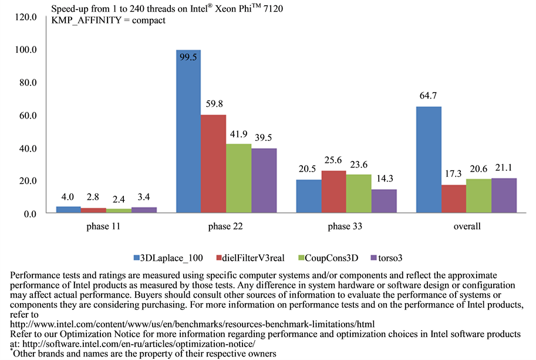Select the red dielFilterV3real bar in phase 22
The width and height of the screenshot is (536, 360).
click(x=214, y=164)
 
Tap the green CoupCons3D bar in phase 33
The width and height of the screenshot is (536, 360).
click(x=359, y=193)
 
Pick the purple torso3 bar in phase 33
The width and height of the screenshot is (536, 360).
click(x=384, y=201)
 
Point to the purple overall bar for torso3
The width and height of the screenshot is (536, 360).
click(x=504, y=195)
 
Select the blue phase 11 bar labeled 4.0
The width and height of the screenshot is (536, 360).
click(x=69, y=209)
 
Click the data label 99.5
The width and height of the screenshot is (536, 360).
click(x=189, y=59)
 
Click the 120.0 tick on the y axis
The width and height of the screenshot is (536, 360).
click(x=26, y=18)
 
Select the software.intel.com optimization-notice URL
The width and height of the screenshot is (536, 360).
click(x=137, y=344)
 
